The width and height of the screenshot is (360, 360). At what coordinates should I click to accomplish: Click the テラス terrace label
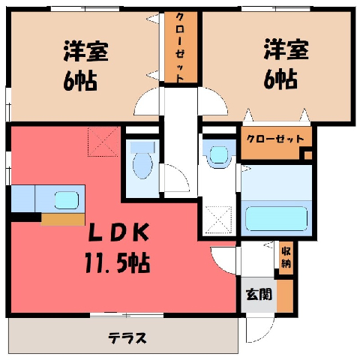coord(127,338)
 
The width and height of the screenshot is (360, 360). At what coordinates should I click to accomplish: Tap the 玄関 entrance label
coord(259,294)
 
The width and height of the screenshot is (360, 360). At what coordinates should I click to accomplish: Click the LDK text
coord(119,232)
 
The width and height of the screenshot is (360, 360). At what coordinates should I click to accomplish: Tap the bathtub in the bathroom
coord(276,218)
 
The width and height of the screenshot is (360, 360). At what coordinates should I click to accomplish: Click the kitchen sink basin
coord(67,200)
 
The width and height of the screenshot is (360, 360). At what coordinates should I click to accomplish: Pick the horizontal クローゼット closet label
coord(275,139)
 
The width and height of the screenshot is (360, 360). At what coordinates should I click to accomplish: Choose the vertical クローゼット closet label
coord(180,47)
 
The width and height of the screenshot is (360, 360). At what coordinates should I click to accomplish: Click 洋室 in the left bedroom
coord(85,51)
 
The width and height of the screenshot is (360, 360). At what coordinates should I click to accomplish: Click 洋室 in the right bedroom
coord(286,49)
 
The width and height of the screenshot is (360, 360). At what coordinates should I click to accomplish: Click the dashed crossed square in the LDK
coord(103,142)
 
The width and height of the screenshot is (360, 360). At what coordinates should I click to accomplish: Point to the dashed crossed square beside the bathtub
coord(218,220)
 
